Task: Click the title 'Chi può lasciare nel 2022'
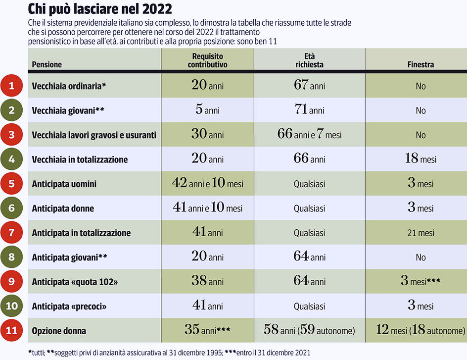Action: tap(100, 9)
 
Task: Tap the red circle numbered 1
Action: tap(11, 86)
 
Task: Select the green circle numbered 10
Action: tap(11, 306)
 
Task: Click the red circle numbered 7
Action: tap(11, 232)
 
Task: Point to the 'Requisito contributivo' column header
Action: tap(208, 60)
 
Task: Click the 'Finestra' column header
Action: tap(420, 64)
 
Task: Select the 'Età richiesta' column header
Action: tap(310, 60)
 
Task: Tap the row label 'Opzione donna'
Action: tap(59, 330)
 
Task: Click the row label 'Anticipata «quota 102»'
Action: tap(75, 282)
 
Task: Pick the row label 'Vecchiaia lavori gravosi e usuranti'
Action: tap(94, 135)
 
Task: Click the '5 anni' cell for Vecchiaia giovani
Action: tap(208, 109)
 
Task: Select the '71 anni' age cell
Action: tap(310, 109)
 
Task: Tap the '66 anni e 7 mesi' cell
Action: tap(310, 134)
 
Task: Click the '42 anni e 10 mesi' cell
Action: tap(208, 183)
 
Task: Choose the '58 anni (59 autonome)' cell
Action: tap(310, 330)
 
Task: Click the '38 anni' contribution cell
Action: tap(208, 281)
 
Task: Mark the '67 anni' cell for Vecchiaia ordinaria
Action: tap(310, 85)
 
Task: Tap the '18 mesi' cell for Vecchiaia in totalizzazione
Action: tap(420, 158)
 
